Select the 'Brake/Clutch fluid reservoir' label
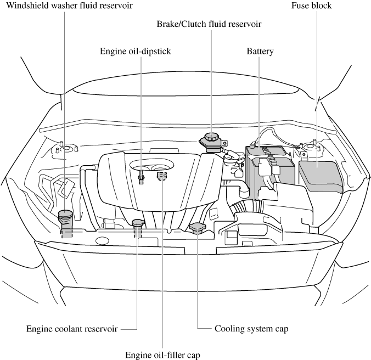pos(209,24)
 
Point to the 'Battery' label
pos(260,52)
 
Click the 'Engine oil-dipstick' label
pos(136,52)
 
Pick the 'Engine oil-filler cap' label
pos(163,354)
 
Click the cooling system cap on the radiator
pos(197,227)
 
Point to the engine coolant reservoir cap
pos(138,223)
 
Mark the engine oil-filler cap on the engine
pos(161,176)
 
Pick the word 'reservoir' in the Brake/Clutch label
pos(244,24)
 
